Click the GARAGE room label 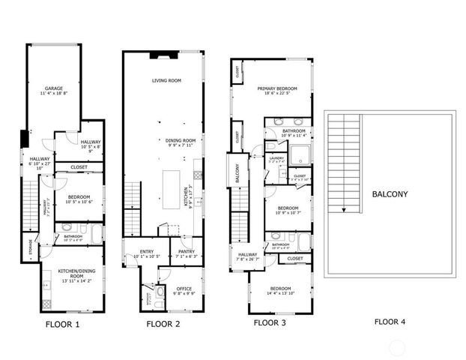[54, 89]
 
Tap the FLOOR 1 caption [62, 325]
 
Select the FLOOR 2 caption [163, 325]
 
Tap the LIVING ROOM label [167, 79]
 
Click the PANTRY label [186, 253]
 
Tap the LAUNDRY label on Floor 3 [276, 159]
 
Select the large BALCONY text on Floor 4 [390, 195]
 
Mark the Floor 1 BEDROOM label [79, 199]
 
